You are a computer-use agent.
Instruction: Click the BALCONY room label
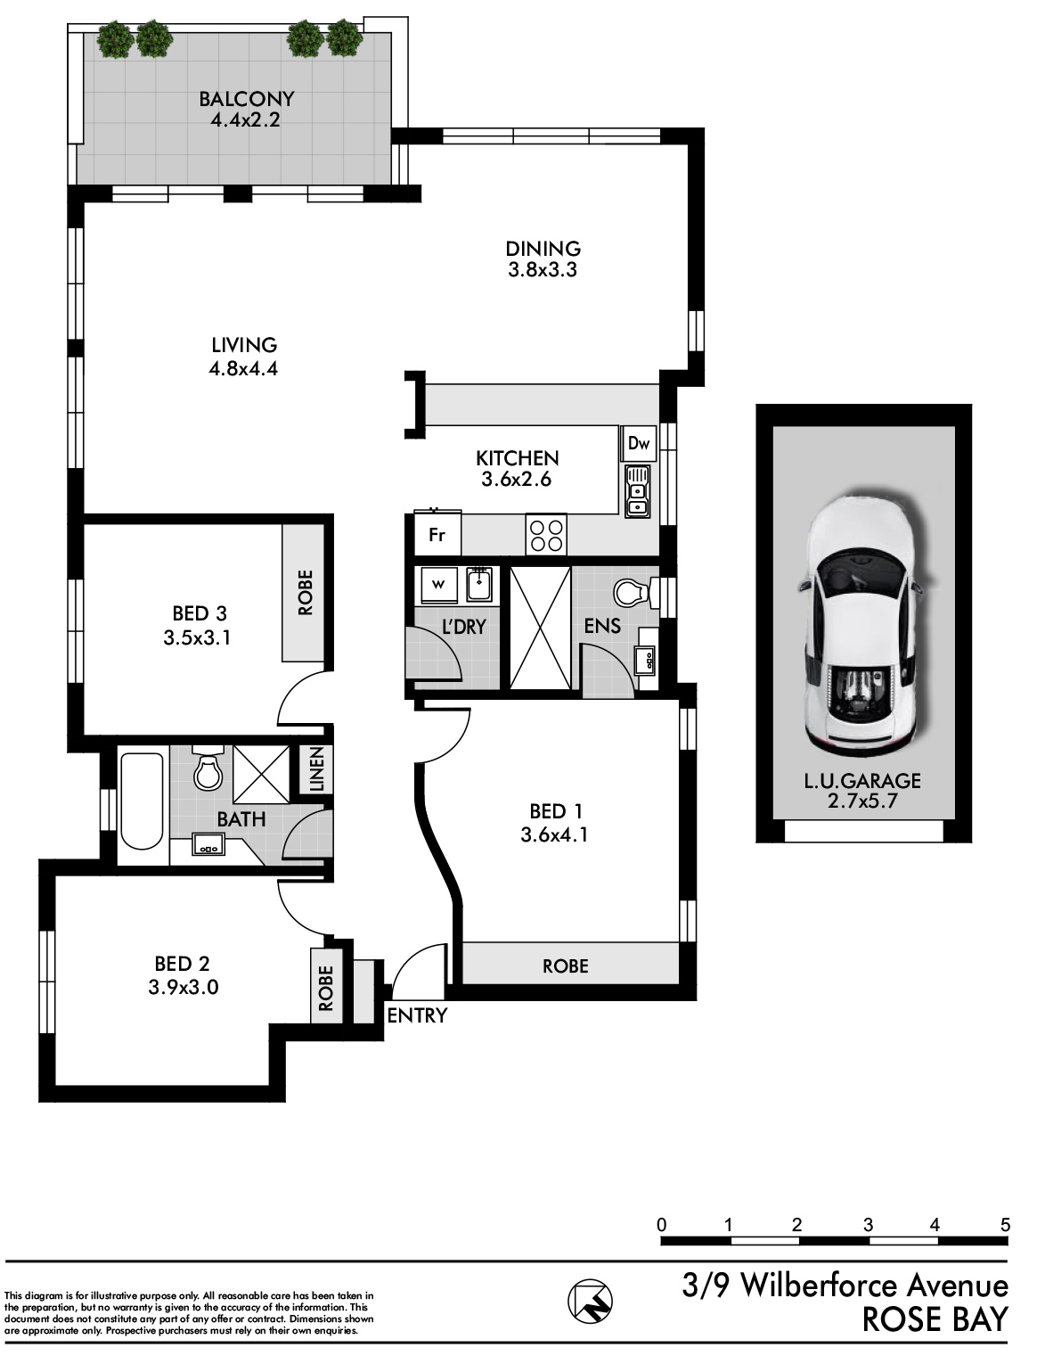246,99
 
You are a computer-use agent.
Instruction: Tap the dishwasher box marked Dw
639,444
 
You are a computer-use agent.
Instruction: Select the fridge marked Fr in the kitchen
437,534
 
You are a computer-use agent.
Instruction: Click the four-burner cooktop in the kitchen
546,534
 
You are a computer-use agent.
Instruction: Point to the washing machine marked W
438,585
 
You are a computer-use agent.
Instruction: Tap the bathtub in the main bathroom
142,801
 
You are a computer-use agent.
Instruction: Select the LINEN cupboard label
317,769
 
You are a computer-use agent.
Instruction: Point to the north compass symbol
590,1302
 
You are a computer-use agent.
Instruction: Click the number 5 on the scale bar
1004,1225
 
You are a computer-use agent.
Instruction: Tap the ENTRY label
417,1015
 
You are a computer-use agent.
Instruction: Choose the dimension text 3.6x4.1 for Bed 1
554,835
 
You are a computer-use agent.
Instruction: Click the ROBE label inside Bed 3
305,593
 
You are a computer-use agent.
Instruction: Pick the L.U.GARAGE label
862,780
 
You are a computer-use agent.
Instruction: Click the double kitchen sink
637,490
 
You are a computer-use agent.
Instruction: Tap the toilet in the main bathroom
208,768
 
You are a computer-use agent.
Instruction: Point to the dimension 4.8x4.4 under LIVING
243,369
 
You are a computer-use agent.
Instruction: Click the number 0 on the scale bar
662,1225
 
